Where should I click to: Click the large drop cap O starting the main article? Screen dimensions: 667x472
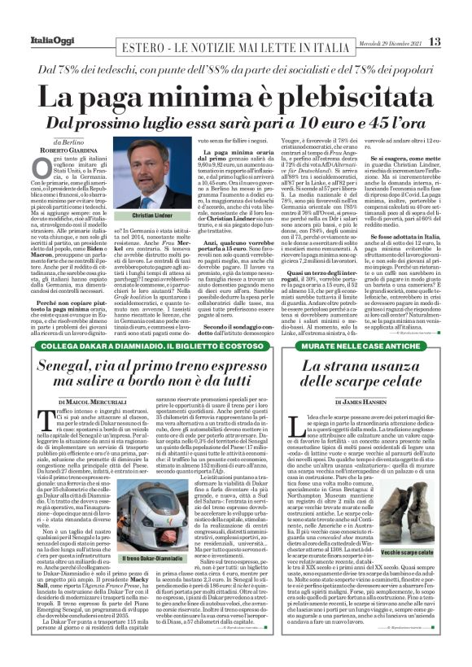coord(39,167)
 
